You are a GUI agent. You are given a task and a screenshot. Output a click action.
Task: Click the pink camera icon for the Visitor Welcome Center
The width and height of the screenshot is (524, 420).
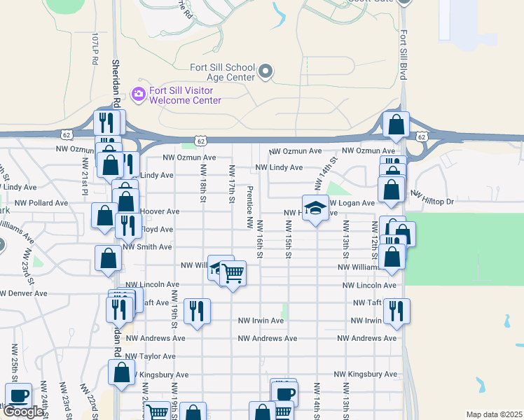click(x=138, y=94)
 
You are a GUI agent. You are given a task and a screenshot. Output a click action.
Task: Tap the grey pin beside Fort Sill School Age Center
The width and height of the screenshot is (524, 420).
click(x=266, y=71)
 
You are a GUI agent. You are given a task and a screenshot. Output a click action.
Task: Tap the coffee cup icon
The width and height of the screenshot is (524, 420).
click(x=18, y=395)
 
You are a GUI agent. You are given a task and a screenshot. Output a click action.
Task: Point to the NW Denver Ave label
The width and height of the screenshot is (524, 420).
click(x=24, y=293)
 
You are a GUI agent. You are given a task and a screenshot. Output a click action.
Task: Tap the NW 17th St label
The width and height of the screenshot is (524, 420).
click(x=231, y=185)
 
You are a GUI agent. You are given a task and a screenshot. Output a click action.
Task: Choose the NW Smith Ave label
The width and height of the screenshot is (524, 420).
click(x=147, y=247)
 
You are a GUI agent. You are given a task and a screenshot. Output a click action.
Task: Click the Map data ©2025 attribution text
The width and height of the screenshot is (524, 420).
click(x=494, y=414)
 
